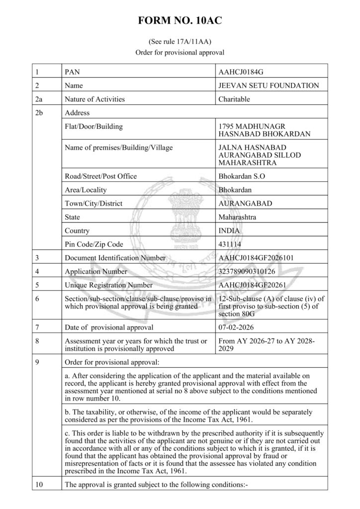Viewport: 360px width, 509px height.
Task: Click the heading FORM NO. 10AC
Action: pyautogui.click(x=180, y=20)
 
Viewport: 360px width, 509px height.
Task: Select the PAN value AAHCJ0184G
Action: pyautogui.click(x=241, y=72)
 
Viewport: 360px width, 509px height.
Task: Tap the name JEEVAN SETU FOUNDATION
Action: pyautogui.click(x=269, y=85)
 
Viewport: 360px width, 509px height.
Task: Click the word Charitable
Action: pyautogui.click(x=234, y=99)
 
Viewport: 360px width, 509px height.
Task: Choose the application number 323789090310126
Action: pyautogui.click(x=247, y=271)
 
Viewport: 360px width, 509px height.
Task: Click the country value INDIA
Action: pyautogui.click(x=229, y=231)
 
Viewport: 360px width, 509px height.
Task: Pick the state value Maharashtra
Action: pyautogui.click(x=237, y=217)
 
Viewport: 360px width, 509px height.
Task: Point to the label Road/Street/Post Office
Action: pyautogui.click(x=101, y=176)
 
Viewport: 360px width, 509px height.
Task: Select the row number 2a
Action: pyautogui.click(x=39, y=99)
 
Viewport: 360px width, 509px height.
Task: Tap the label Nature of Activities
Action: pyautogui.click(x=95, y=99)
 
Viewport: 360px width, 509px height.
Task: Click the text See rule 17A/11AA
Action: pyautogui.click(x=180, y=42)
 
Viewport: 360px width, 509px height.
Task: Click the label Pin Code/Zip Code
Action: pyautogui.click(x=94, y=245)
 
